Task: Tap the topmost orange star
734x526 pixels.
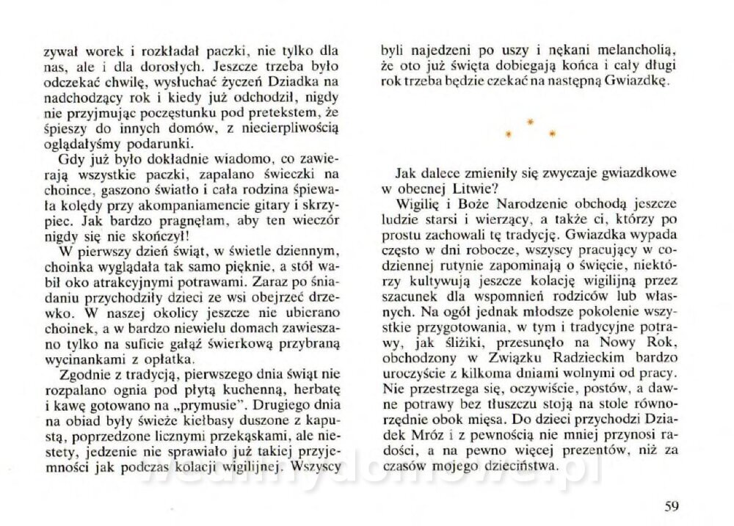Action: pos(531,121)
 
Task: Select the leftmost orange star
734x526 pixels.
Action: pos(507,134)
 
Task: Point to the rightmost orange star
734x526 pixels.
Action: pos(553,134)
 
